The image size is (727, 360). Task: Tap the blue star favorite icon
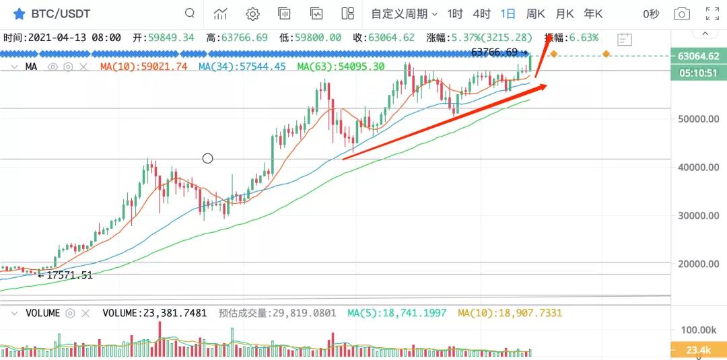point(19,13)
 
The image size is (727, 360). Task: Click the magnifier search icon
point(191,13)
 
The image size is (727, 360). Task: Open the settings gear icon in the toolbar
point(252,13)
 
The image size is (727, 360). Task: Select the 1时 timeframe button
point(455,13)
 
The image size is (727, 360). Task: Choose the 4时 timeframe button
point(481,13)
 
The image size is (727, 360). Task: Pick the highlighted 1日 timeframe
point(508,13)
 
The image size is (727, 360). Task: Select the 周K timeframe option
point(536,13)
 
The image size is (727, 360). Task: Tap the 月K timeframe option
point(565,13)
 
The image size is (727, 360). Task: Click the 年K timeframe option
point(593,13)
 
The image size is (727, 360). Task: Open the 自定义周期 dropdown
point(404,13)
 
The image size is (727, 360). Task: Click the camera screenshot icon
point(682,13)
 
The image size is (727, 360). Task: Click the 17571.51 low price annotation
point(65,275)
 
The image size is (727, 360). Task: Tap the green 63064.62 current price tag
point(699,57)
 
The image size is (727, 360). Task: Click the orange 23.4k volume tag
point(699,350)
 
